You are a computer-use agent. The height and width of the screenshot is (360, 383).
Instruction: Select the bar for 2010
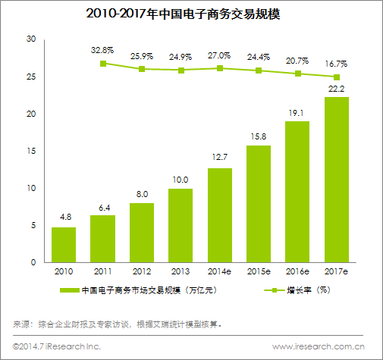point(64,244)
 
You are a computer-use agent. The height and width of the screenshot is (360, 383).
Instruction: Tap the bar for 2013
point(181,225)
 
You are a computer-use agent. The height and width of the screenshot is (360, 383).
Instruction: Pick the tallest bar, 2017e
point(337,180)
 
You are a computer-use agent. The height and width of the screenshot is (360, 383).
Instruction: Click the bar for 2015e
point(259,203)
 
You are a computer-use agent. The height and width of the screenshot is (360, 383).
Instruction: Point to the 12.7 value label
point(219,158)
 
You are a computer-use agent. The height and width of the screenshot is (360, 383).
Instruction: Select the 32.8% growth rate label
point(102,50)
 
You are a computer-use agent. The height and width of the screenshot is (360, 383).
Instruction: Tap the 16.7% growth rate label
point(337,65)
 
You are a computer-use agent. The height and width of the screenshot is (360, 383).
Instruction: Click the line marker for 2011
point(102,64)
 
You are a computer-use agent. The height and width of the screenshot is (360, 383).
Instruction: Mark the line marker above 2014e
point(219,68)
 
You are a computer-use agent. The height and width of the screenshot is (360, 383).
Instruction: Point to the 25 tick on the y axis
point(31,77)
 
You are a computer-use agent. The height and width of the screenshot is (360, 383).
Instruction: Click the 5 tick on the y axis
point(33,225)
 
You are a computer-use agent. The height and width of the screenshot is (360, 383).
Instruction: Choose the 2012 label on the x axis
point(141,273)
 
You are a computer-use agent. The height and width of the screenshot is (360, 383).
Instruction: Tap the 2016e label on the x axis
point(297,273)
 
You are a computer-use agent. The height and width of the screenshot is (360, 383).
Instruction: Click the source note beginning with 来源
point(118,324)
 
